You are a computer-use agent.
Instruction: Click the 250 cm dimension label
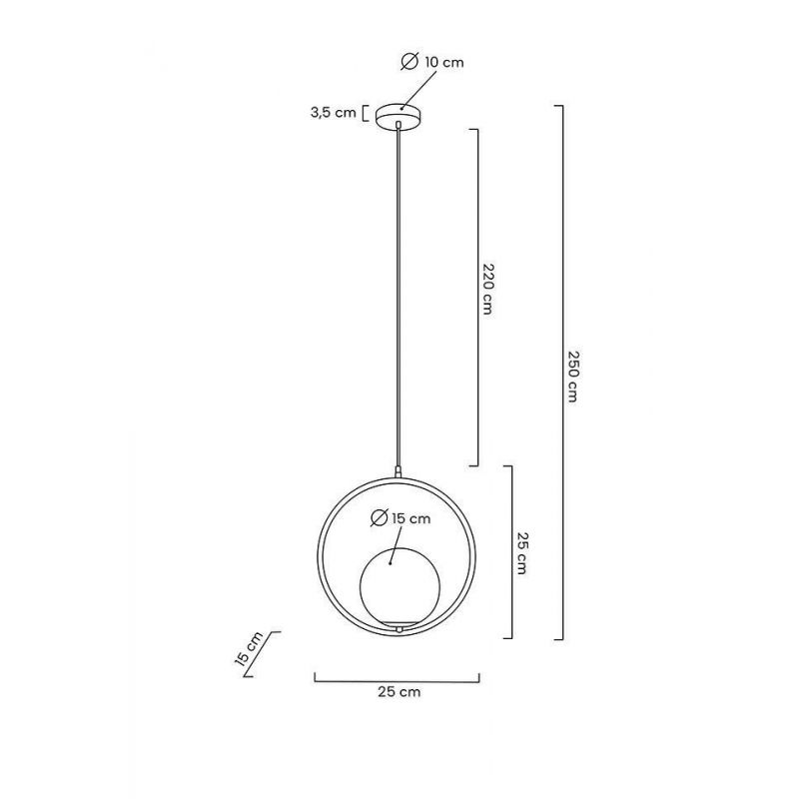click(x=572, y=377)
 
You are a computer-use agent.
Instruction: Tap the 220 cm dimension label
click(x=487, y=289)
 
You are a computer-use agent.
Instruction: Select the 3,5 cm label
click(x=334, y=113)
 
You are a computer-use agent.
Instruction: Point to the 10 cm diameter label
click(x=444, y=63)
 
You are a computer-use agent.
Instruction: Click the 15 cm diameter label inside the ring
click(x=411, y=518)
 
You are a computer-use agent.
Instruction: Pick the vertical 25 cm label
click(x=521, y=553)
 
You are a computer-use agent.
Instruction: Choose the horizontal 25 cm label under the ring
click(x=399, y=692)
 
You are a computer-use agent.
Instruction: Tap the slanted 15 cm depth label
click(x=249, y=648)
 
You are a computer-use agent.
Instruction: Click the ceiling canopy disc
click(x=399, y=117)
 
